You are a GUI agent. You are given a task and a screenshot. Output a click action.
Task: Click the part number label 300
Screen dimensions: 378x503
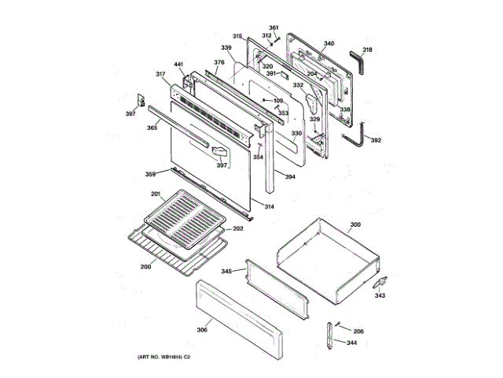click(355, 225)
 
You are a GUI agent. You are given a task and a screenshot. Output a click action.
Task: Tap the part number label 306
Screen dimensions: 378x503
click(202, 329)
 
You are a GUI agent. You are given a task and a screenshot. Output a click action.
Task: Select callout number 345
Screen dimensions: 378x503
click(226, 272)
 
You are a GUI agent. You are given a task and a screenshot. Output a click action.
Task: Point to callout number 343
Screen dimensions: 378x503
click(380, 296)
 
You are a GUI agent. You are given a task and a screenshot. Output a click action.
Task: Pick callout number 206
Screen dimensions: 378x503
click(358, 332)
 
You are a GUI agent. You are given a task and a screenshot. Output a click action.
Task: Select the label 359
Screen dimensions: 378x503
click(150, 174)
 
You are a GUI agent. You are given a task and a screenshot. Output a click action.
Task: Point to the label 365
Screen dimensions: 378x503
click(152, 127)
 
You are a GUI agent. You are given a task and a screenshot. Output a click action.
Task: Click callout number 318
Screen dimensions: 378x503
click(367, 50)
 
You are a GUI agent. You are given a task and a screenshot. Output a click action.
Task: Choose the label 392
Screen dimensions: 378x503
click(376, 140)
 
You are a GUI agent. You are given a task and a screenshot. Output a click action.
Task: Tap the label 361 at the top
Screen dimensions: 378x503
click(274, 28)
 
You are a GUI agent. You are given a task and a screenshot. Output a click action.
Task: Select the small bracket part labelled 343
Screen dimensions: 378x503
click(380, 281)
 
